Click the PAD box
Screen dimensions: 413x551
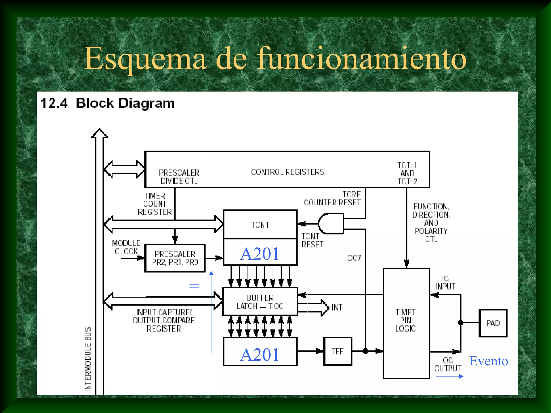(x=493, y=323)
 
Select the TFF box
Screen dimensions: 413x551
(x=338, y=351)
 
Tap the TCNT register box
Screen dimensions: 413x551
(x=260, y=225)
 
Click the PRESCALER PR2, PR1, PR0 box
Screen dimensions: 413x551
(x=175, y=258)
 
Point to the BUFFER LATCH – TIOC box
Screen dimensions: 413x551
(x=260, y=302)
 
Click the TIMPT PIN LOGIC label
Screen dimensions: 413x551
(x=405, y=320)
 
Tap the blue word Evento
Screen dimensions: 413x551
(x=489, y=361)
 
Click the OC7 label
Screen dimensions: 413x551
(x=354, y=258)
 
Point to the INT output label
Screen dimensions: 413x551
(x=337, y=307)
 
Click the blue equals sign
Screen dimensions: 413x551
(x=194, y=286)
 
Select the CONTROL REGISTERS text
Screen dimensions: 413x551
(x=287, y=172)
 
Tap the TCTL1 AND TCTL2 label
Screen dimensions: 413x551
(x=407, y=173)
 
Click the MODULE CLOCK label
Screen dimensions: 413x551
(x=126, y=247)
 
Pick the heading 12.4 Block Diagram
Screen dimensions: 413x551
(x=108, y=103)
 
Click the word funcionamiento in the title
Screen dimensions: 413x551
(x=362, y=59)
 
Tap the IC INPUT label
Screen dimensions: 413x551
(x=445, y=282)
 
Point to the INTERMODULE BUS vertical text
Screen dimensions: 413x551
(x=88, y=359)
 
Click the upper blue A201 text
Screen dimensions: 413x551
(x=260, y=254)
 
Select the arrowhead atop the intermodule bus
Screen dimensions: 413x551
(x=100, y=133)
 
